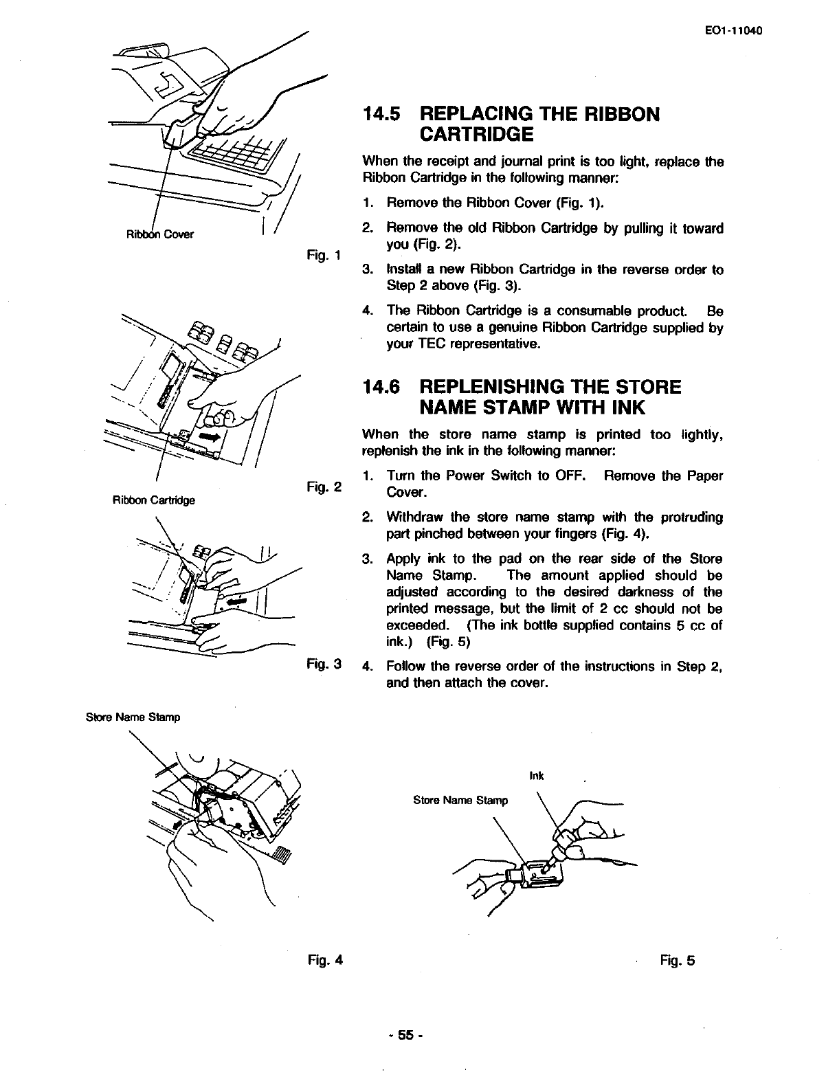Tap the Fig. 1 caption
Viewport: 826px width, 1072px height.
pos(325,257)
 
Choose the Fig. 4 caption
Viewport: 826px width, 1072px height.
pos(325,960)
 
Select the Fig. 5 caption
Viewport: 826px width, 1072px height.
pos(678,960)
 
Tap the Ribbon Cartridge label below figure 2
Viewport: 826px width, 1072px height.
pos(153,500)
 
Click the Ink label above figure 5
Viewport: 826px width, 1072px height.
pos(537,776)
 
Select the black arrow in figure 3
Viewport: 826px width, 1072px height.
pos(235,600)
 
